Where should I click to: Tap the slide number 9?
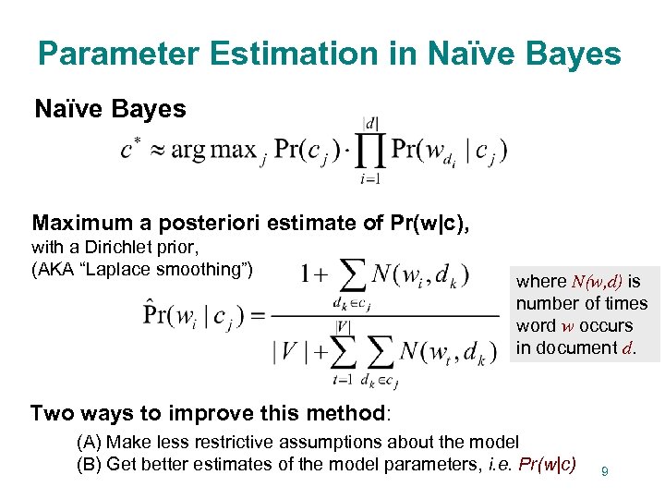tap(604, 472)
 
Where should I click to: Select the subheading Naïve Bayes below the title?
tap(110, 110)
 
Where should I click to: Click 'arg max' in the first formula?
tap(212, 150)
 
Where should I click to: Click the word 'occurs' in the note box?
tap(606, 325)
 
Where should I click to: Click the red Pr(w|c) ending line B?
tap(549, 464)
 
